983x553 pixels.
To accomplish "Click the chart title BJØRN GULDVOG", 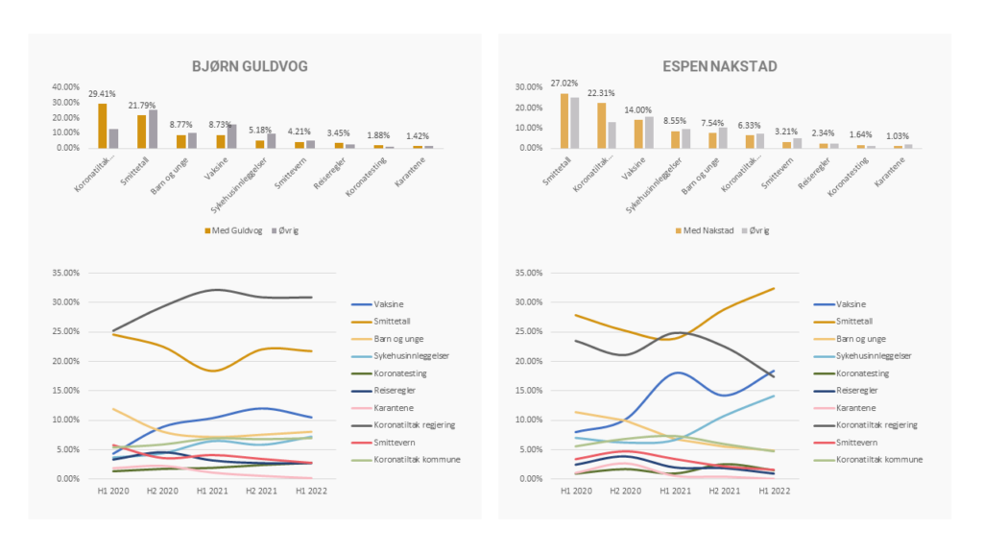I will coord(253,66).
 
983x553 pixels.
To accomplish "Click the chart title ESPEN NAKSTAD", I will coord(720,66).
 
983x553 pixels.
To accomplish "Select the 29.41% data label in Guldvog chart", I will coord(103,95).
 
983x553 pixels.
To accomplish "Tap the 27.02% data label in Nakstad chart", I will coord(564,84).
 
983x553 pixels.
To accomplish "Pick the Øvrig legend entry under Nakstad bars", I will coord(757,230).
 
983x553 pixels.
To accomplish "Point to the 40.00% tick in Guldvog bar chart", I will coord(66,86).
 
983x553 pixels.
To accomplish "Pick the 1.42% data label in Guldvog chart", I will coord(418,136).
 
